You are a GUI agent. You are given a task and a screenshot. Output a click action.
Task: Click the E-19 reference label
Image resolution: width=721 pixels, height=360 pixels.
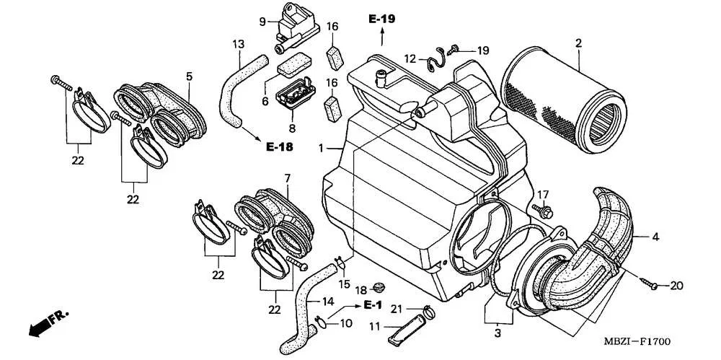coord(381,19)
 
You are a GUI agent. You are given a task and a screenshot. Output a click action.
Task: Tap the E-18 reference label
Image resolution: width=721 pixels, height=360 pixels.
coord(280,146)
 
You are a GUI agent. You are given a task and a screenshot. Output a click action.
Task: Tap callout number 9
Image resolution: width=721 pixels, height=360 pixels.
coord(263,22)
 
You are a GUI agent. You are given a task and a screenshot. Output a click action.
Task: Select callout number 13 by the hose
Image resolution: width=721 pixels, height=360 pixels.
coord(238,45)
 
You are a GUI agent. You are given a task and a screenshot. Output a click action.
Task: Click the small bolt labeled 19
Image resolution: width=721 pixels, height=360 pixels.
coord(455,50)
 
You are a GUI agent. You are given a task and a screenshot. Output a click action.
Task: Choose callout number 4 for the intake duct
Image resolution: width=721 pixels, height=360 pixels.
coord(656,237)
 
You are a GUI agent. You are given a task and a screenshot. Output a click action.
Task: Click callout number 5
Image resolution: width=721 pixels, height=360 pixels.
coord(189,76)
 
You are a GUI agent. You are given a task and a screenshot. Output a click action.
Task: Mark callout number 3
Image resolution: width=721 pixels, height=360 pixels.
coord(497,334)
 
